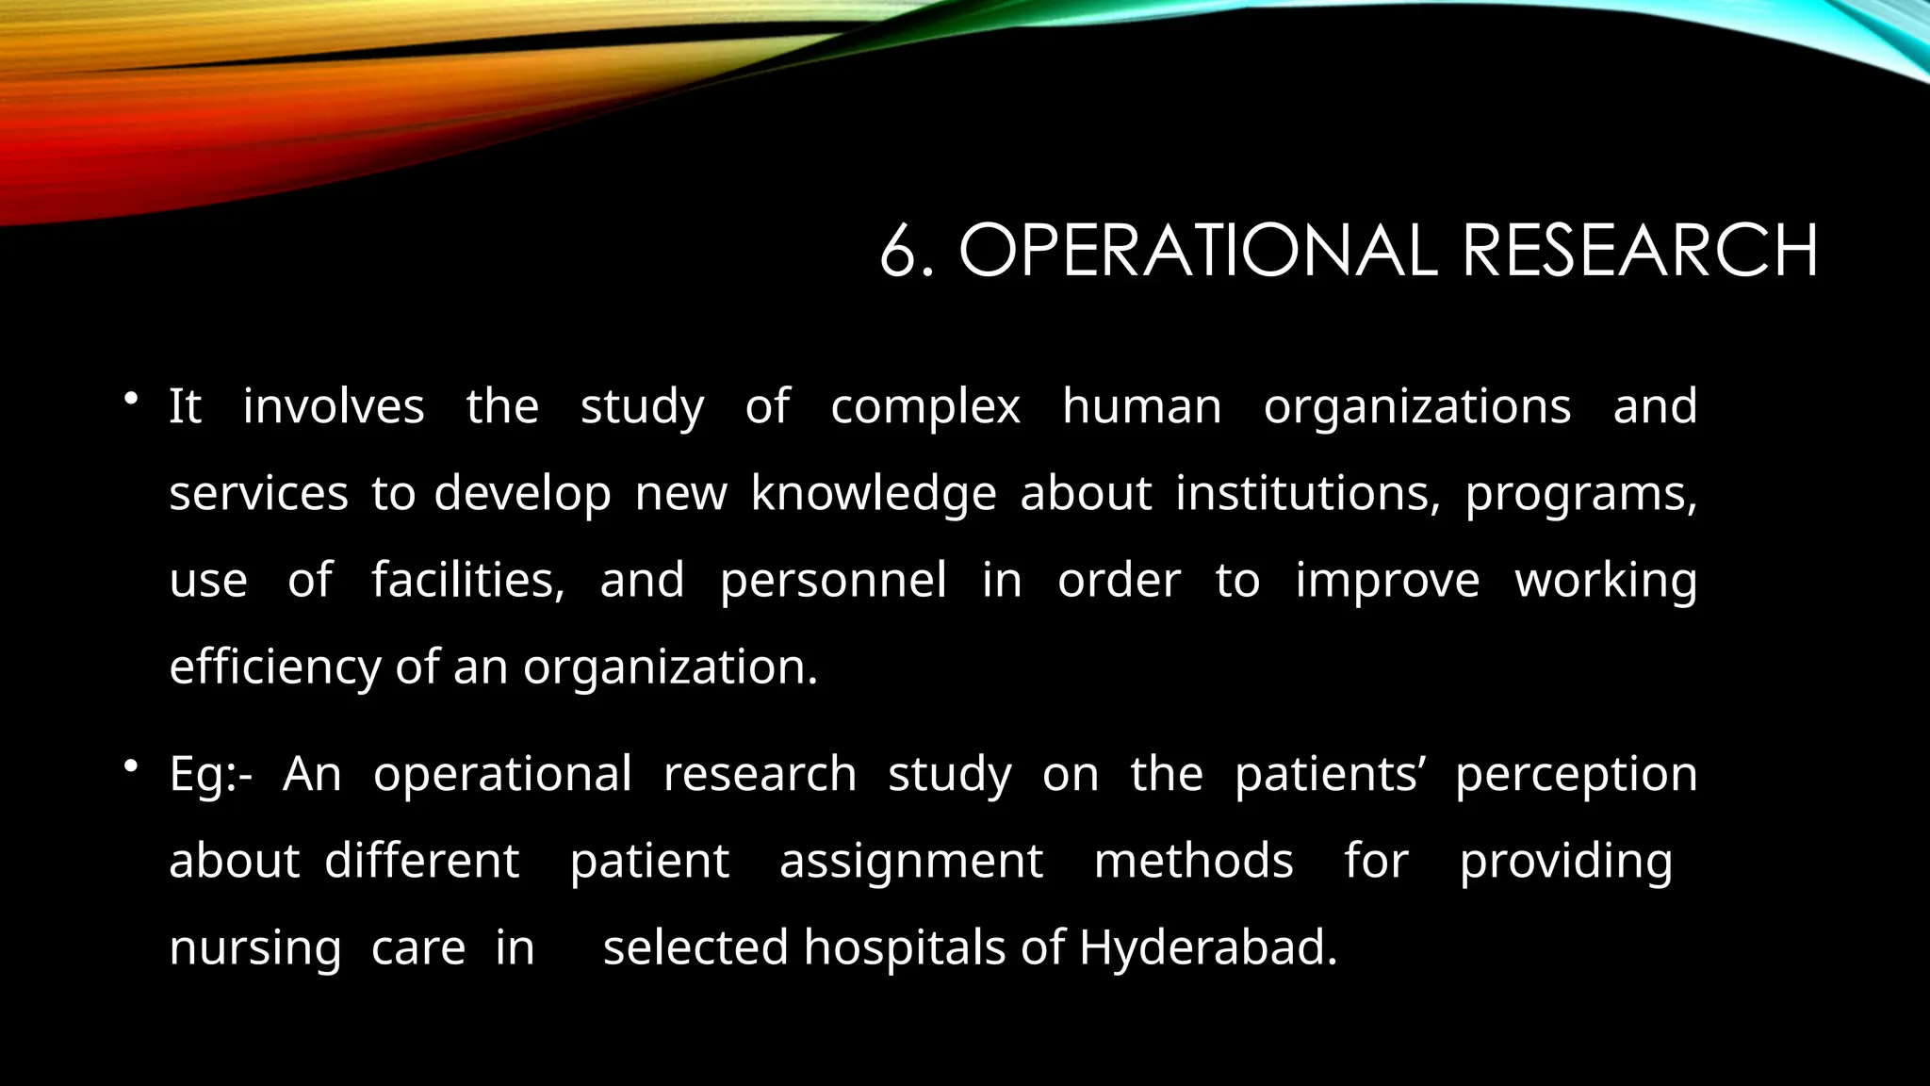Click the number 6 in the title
pyautogui.click(x=897, y=251)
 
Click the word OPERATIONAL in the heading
pyautogui.click(x=1197, y=251)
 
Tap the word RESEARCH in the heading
pyautogui.click(x=1640, y=251)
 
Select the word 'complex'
pyautogui.click(x=924, y=407)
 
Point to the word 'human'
pyautogui.click(x=1141, y=407)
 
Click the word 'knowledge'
pyautogui.click(x=873, y=494)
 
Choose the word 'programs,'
pyautogui.click(x=1580, y=494)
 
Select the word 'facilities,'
pyautogui.click(x=467, y=580)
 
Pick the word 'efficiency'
pyautogui.click(x=274, y=667)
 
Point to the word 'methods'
pyautogui.click(x=1193, y=861)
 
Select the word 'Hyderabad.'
pyautogui.click(x=1208, y=948)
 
